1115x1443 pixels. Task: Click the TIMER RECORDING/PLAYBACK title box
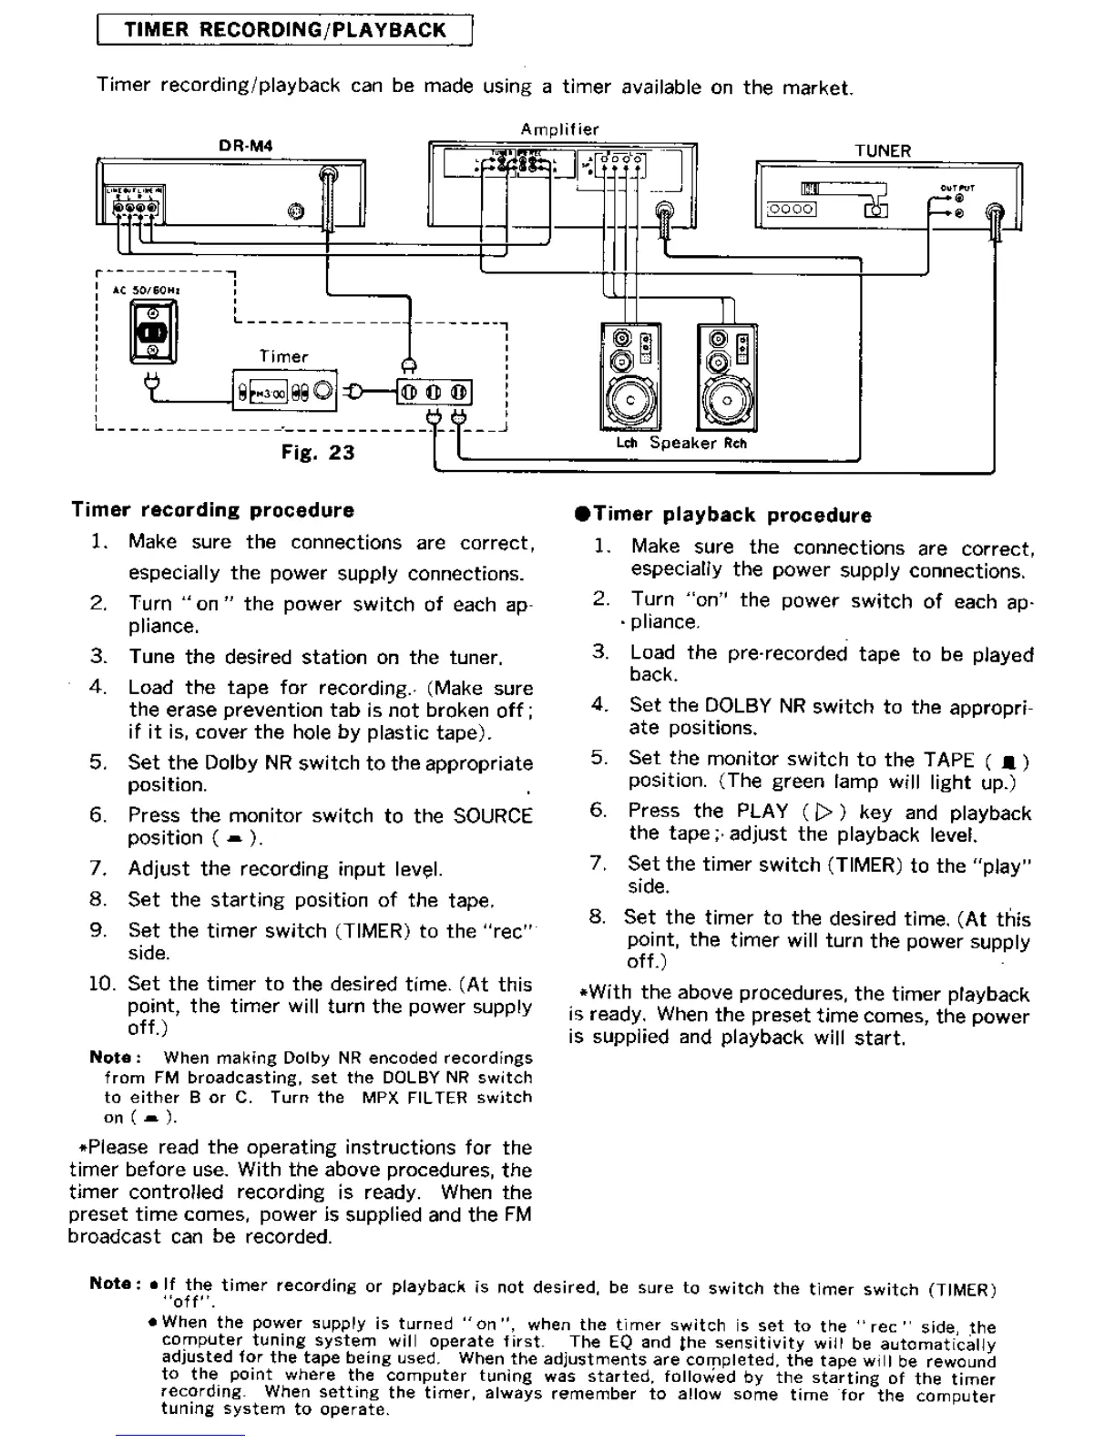pyautogui.click(x=284, y=29)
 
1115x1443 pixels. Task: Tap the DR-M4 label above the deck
pyautogui.click(x=245, y=146)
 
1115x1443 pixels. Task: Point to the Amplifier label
pyautogui.click(x=559, y=129)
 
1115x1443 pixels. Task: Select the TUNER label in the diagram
pyautogui.click(x=882, y=151)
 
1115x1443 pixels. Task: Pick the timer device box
pyautogui.click(x=285, y=393)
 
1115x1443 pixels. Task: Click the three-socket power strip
pyautogui.click(x=434, y=393)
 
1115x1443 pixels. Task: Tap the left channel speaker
pyautogui.click(x=630, y=377)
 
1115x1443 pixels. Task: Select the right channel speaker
pyautogui.click(x=726, y=377)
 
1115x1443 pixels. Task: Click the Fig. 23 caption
pyautogui.click(x=318, y=453)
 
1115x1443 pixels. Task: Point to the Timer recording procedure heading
pyautogui.click(x=213, y=510)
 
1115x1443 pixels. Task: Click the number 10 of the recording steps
pyautogui.click(x=101, y=984)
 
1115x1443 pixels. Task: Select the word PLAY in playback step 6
pyautogui.click(x=762, y=812)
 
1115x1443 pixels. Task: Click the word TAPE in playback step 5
pyautogui.click(x=948, y=760)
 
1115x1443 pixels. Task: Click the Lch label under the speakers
pyautogui.click(x=627, y=444)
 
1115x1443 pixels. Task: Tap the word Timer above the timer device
pyautogui.click(x=283, y=357)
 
